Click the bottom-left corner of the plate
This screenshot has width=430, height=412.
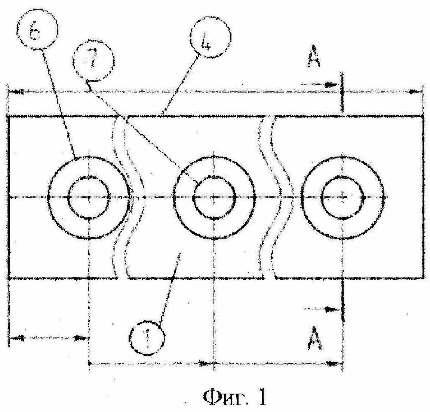coord(9,278)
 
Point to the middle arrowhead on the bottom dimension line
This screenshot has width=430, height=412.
coord(204,363)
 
